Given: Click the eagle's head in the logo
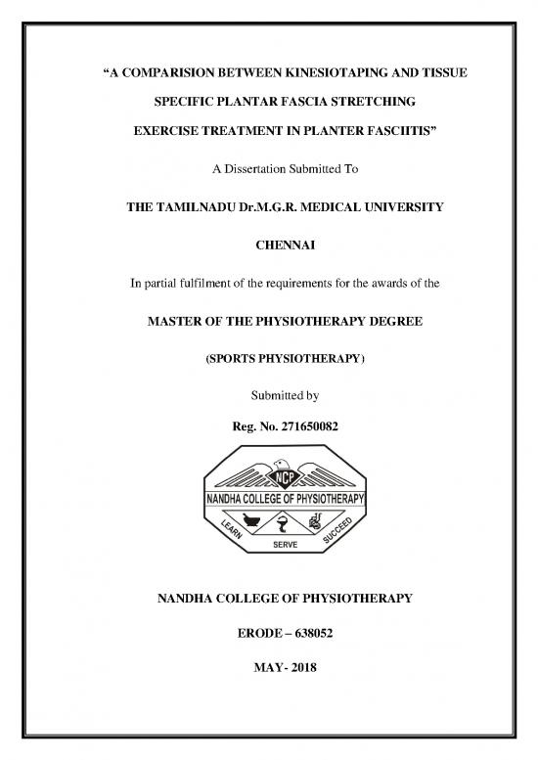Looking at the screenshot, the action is (285, 464).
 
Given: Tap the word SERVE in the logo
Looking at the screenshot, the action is (285, 546).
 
